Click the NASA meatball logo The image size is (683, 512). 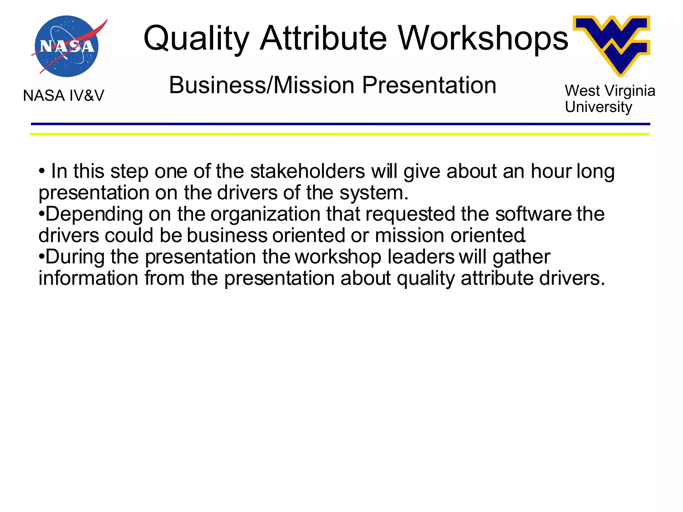pyautogui.click(x=67, y=46)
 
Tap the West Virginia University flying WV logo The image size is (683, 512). pyautogui.click(x=612, y=43)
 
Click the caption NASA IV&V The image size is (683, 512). pyautogui.click(x=63, y=96)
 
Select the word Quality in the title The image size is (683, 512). pyautogui.click(x=196, y=38)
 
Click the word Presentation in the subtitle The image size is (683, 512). pyautogui.click(x=429, y=85)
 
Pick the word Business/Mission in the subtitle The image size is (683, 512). pyautogui.click(x=262, y=85)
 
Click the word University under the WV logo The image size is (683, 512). pyautogui.click(x=598, y=107)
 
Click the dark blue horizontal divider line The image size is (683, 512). pyautogui.click(x=340, y=124)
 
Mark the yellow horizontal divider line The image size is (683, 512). pyautogui.click(x=340, y=134)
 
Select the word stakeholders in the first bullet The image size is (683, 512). pyautogui.click(x=307, y=171)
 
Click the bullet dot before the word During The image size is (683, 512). pyautogui.click(x=42, y=257)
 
